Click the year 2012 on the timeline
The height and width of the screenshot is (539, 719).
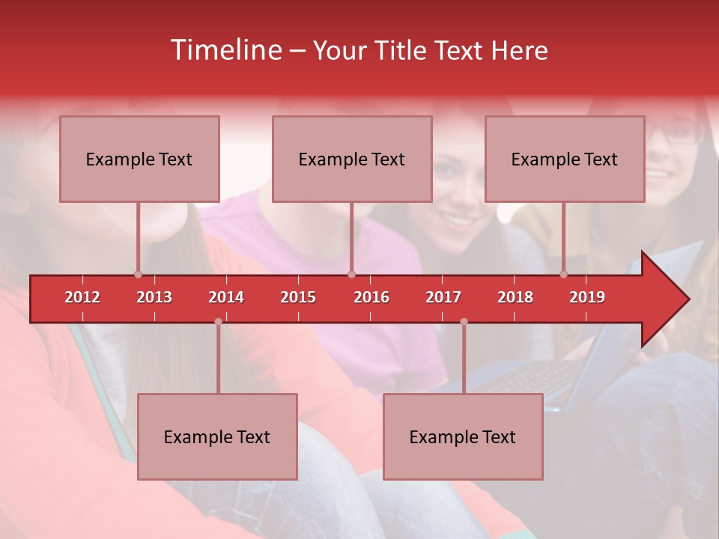coord(82,297)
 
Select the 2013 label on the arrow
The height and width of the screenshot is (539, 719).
coord(154,297)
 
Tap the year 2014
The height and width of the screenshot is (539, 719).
coord(226,297)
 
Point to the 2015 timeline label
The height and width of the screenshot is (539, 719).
coord(298,297)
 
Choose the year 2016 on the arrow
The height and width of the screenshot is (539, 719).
coord(371,297)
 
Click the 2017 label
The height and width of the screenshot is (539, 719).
coord(443,297)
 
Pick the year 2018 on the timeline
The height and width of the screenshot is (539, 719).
coord(515,297)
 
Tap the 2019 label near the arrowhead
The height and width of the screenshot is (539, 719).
coord(587,297)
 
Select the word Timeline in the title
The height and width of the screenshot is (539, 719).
coord(225,50)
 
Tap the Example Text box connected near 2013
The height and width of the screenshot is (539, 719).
coord(139,159)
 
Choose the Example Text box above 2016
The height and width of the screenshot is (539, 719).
coord(352,159)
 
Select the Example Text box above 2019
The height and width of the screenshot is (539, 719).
coord(565,159)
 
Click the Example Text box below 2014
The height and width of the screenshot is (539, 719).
coord(217,436)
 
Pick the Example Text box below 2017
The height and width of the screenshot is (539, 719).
coord(463,436)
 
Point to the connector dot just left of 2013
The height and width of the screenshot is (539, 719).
coord(138,275)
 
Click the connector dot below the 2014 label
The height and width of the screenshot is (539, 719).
coord(218,322)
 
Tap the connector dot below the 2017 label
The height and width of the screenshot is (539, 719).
coord(464,322)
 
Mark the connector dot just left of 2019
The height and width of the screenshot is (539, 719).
coord(564,275)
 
